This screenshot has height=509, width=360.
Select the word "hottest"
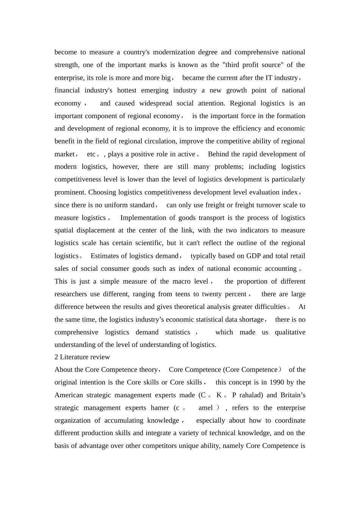tap(129, 91)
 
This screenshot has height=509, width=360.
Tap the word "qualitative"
tap(290, 333)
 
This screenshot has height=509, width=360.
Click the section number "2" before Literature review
tap(56, 357)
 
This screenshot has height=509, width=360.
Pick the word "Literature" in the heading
tap(74, 357)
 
